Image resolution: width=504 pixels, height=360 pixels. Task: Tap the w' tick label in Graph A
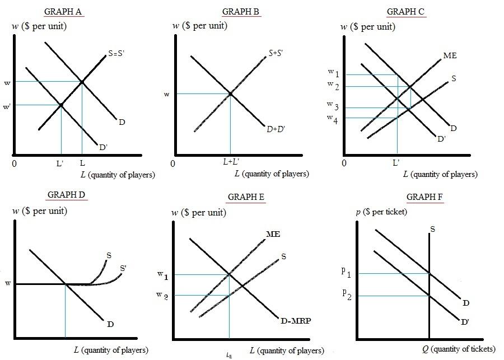[x=7, y=106]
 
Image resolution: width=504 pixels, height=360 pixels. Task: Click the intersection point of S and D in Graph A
[x=82, y=82]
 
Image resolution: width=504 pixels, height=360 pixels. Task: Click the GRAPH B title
[x=241, y=12]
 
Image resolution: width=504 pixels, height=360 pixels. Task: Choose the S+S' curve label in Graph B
[x=276, y=53]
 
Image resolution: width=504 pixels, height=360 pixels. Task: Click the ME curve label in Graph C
[x=450, y=55]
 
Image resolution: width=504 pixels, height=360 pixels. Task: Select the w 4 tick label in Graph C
[x=333, y=118]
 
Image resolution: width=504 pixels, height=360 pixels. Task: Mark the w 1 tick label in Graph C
[x=333, y=73]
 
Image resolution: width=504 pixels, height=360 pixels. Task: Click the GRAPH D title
[x=66, y=195]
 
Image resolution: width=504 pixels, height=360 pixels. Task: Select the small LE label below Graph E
[x=229, y=354]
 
